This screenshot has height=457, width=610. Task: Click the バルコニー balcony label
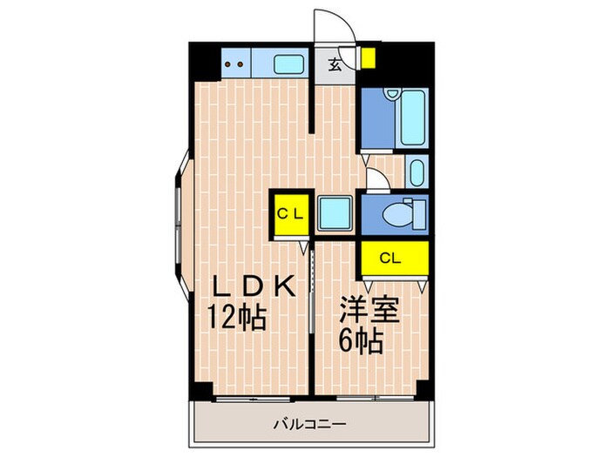point(311,425)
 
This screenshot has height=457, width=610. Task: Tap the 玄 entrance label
point(335,64)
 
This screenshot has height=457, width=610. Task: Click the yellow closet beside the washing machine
point(288,214)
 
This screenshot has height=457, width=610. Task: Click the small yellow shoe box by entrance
point(368,58)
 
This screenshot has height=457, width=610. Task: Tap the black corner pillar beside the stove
point(201,62)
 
